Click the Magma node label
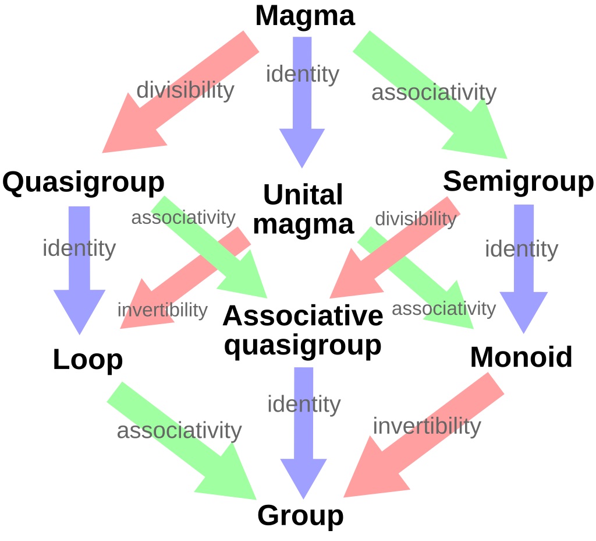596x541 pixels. pos(304,16)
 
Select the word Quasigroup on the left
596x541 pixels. pos(83,183)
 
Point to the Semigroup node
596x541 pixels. pos(518,182)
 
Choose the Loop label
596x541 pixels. pos(88,360)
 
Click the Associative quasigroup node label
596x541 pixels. pos(303,331)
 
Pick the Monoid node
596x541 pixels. pos(521,357)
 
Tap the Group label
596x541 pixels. pos(300,515)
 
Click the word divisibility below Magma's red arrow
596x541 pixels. pos(185,90)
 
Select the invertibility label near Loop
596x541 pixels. pos(162,310)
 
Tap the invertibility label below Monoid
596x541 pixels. pos(427,426)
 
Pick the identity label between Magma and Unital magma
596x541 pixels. pos(302,75)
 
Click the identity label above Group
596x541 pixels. pos(304,404)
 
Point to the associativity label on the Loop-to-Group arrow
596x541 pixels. pos(179,431)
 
